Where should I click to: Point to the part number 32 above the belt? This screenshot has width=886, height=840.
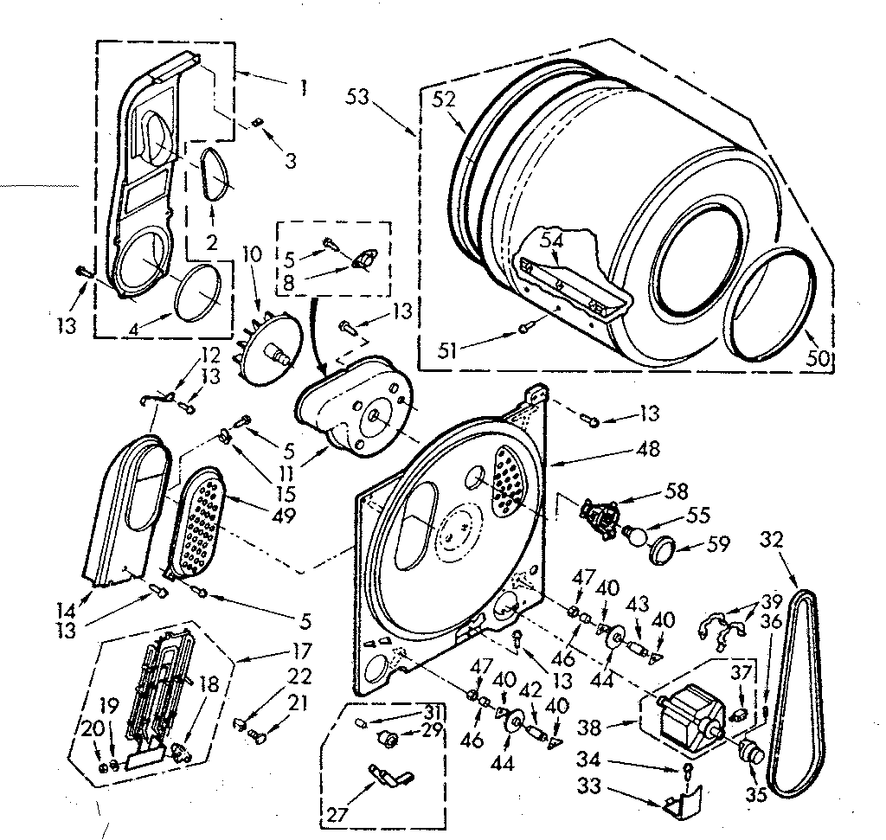[x=772, y=539]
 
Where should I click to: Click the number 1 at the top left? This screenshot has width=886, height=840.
[x=302, y=87]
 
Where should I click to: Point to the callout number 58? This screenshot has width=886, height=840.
[x=677, y=492]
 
